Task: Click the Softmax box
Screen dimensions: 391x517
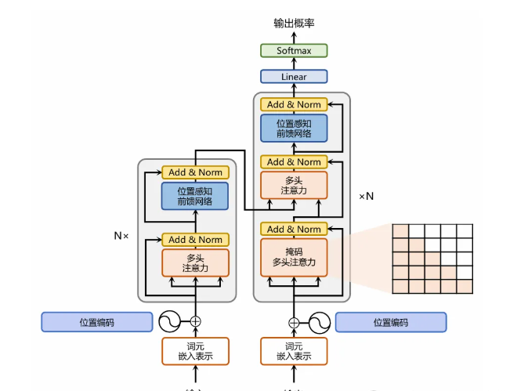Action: (294, 51)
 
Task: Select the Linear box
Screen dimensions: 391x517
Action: (294, 77)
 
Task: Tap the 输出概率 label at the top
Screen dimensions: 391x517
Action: (295, 24)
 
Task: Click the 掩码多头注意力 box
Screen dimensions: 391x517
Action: (294, 257)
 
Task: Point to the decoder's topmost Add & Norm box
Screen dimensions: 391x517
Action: (294, 105)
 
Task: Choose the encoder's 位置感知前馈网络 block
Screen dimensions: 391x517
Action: (195, 196)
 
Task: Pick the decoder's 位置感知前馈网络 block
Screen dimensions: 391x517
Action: (294, 129)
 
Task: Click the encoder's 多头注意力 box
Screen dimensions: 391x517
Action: (195, 262)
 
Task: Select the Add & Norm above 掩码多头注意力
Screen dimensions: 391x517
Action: (294, 229)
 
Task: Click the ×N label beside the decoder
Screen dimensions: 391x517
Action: (366, 196)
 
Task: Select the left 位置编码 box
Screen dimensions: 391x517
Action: (96, 322)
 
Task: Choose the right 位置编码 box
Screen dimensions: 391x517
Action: (391, 322)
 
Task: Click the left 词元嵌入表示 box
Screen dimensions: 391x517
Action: (195, 351)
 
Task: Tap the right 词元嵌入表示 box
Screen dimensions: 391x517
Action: (294, 351)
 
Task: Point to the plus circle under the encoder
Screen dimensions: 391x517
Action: (195, 321)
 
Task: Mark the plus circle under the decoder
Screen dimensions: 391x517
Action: (294, 321)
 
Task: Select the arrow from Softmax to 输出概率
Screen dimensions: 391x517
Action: (294, 38)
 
